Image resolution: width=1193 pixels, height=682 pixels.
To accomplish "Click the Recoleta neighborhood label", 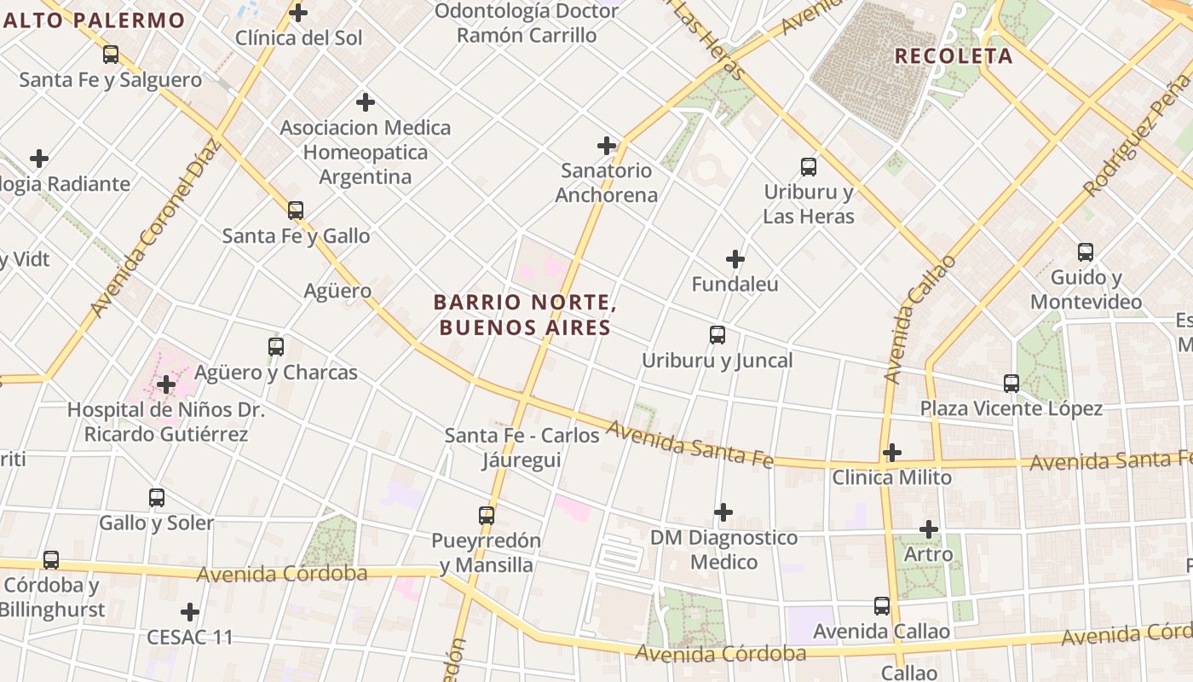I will (x=954, y=56).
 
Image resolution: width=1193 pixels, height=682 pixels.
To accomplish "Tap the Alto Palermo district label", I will (x=93, y=20).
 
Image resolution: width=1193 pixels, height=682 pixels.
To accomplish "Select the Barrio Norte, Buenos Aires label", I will (x=524, y=315).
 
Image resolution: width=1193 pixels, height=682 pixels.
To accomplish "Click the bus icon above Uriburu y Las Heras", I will (x=808, y=167).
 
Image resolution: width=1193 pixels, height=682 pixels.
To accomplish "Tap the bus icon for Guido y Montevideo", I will (x=1085, y=252).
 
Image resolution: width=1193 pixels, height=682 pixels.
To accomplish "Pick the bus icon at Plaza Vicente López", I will (x=1011, y=384).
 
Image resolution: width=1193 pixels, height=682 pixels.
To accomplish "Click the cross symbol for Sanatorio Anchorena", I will (x=607, y=146).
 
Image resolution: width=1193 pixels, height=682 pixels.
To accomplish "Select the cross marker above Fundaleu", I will (x=735, y=259).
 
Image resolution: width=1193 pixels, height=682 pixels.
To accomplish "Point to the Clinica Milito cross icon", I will (x=891, y=452).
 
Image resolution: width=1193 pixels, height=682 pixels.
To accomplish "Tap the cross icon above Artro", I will (x=928, y=529).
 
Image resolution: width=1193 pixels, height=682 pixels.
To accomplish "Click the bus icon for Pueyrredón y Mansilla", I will (x=486, y=516).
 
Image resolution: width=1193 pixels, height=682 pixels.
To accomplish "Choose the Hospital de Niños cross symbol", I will (x=166, y=385).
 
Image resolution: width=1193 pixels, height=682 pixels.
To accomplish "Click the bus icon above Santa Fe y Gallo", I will (x=296, y=210).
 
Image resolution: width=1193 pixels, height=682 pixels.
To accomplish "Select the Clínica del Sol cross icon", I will (x=298, y=13).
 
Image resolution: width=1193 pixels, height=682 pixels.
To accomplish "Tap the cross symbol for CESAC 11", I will (x=190, y=612).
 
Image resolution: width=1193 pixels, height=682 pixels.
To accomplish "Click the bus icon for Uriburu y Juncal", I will (x=718, y=335).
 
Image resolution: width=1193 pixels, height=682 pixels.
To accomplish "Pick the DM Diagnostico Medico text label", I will (x=723, y=550).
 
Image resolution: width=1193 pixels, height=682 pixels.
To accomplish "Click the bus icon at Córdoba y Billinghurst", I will (x=51, y=560).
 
